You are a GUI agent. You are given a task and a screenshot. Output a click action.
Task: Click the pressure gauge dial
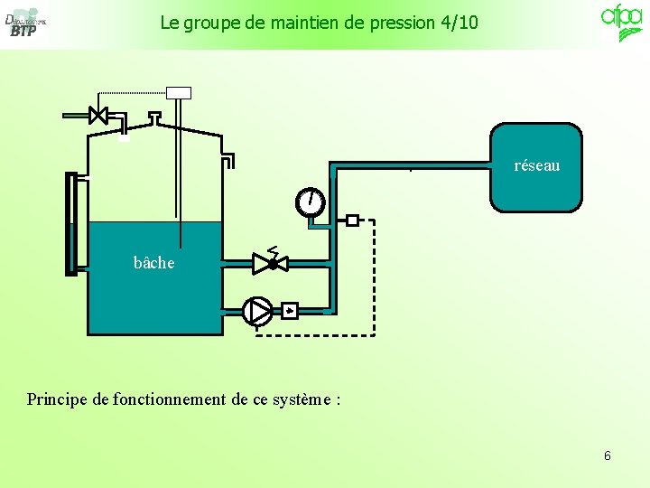(x=310, y=202)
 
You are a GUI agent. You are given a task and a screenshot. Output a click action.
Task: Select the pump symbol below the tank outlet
(x=257, y=311)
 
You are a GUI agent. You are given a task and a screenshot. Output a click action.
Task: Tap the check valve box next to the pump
(x=289, y=312)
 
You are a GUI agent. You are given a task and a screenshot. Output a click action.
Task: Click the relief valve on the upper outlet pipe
(x=271, y=263)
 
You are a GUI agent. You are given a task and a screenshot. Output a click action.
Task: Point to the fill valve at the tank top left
(x=98, y=115)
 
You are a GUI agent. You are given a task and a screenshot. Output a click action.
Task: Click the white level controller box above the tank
(x=179, y=92)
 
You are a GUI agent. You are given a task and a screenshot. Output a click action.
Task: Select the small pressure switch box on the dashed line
(x=352, y=220)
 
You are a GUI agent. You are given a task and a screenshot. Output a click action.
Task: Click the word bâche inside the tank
(x=153, y=263)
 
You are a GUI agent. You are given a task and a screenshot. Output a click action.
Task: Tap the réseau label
(x=536, y=165)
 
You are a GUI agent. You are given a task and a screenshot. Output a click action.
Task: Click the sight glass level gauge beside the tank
(x=71, y=222)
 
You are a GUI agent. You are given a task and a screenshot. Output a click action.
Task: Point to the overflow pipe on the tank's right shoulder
(x=229, y=159)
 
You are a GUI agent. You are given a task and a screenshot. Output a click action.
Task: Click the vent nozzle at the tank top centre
(x=154, y=117)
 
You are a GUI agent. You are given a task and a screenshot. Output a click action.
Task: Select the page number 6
(x=607, y=455)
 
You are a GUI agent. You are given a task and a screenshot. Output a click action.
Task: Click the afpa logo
(x=622, y=22)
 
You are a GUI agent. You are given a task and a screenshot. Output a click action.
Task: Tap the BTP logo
(x=24, y=23)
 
